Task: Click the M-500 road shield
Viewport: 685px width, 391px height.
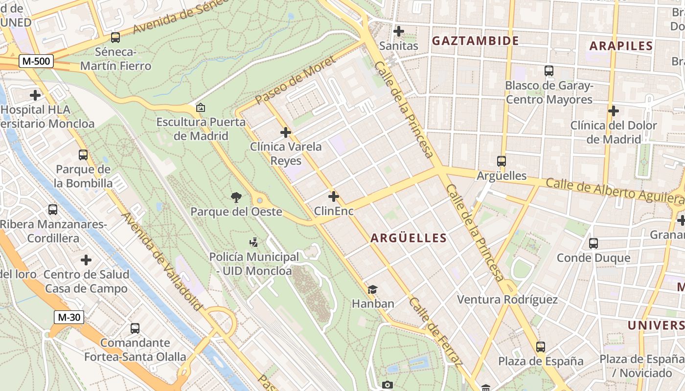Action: [x=36, y=61]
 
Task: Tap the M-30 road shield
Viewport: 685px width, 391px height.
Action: [x=69, y=317]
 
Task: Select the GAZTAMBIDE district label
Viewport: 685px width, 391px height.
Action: [x=475, y=41]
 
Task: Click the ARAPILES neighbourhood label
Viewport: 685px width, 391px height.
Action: [x=621, y=46]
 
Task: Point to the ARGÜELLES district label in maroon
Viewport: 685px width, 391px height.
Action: [x=409, y=238]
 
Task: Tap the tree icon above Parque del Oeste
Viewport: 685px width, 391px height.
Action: [x=236, y=197]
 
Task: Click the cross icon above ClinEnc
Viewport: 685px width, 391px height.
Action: [x=334, y=196]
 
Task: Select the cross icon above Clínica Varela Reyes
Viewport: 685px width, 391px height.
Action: [x=286, y=132]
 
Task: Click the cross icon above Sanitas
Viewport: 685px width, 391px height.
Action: [x=399, y=31]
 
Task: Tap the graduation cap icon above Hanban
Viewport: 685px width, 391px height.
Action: [x=373, y=289]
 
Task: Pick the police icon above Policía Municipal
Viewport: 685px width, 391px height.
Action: [x=253, y=242]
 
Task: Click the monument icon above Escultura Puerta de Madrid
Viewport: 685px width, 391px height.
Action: [x=200, y=108]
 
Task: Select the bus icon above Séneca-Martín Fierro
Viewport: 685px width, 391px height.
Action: [x=115, y=37]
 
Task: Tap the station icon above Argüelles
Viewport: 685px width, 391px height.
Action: [x=502, y=161]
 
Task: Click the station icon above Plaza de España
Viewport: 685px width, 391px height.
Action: [x=541, y=347]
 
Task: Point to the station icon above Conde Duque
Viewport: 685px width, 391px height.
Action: [x=594, y=243]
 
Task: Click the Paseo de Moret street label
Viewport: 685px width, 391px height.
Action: [x=295, y=80]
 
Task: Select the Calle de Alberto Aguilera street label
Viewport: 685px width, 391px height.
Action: [x=614, y=191]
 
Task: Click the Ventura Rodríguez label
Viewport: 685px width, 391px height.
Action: [x=507, y=299]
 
